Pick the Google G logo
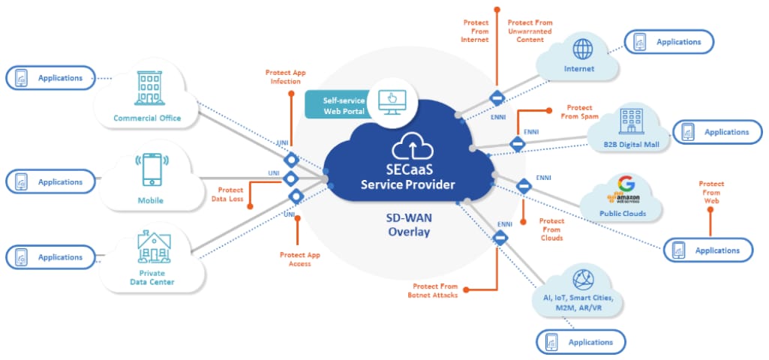tap(626, 184)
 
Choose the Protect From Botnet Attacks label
tap(435, 290)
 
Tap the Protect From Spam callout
tap(579, 112)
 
